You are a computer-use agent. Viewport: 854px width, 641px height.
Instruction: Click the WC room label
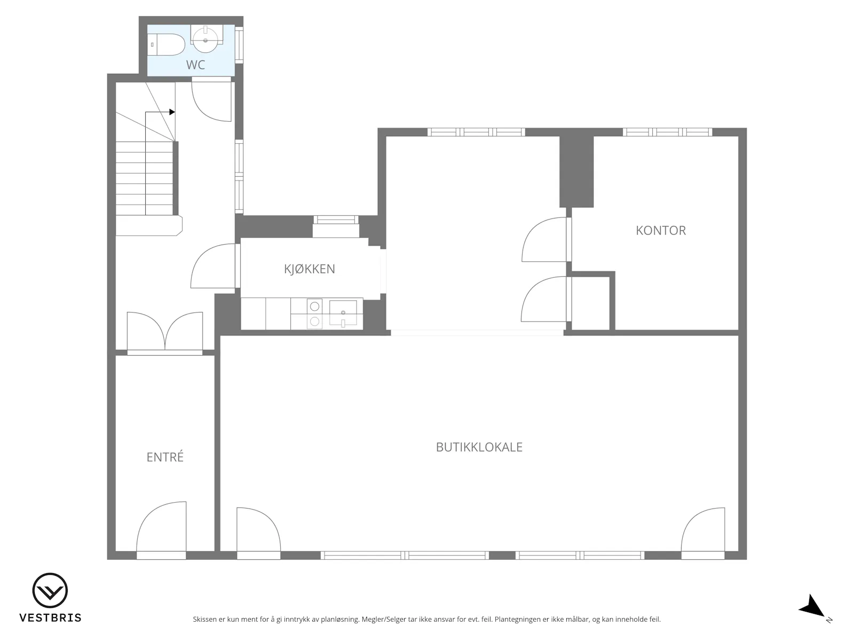click(195, 65)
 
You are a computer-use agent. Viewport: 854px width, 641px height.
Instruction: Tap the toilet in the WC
click(166, 44)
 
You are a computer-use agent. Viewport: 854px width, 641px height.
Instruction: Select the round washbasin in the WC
click(205, 40)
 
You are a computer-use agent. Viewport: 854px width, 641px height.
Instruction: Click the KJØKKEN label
click(309, 269)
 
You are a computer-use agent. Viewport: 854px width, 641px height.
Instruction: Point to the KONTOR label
click(661, 230)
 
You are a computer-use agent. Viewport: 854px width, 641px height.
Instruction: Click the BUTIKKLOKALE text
click(479, 447)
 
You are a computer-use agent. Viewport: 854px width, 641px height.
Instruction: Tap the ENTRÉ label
click(165, 457)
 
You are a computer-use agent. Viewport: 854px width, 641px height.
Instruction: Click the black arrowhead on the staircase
click(172, 112)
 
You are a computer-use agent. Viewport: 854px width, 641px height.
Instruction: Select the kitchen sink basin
click(343, 312)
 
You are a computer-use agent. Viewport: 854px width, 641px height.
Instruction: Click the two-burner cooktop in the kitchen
click(314, 314)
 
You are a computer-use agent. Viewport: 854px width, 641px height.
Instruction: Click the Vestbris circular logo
click(50, 590)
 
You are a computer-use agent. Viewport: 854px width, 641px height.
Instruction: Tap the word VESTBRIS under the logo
click(50, 617)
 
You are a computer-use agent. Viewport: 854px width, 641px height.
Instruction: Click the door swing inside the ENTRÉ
click(161, 527)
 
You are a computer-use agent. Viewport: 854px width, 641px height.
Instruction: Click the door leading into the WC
click(212, 100)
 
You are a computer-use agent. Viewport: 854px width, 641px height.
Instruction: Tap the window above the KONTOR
click(668, 132)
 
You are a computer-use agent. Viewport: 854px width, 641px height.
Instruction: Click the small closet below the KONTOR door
click(590, 303)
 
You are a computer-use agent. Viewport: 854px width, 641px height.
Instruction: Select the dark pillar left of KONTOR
click(576, 171)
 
